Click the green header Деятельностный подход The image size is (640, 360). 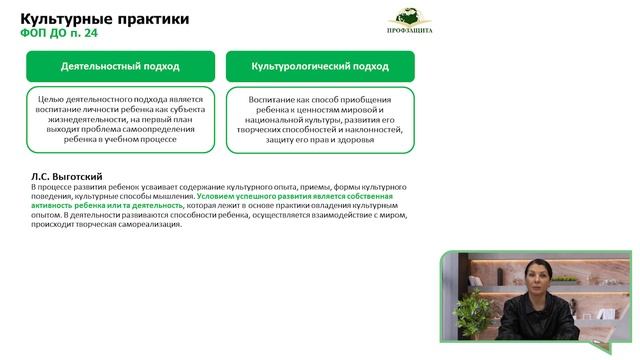[x=120, y=67]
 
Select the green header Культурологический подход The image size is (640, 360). [x=320, y=67]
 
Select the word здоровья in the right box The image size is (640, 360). [x=356, y=139]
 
